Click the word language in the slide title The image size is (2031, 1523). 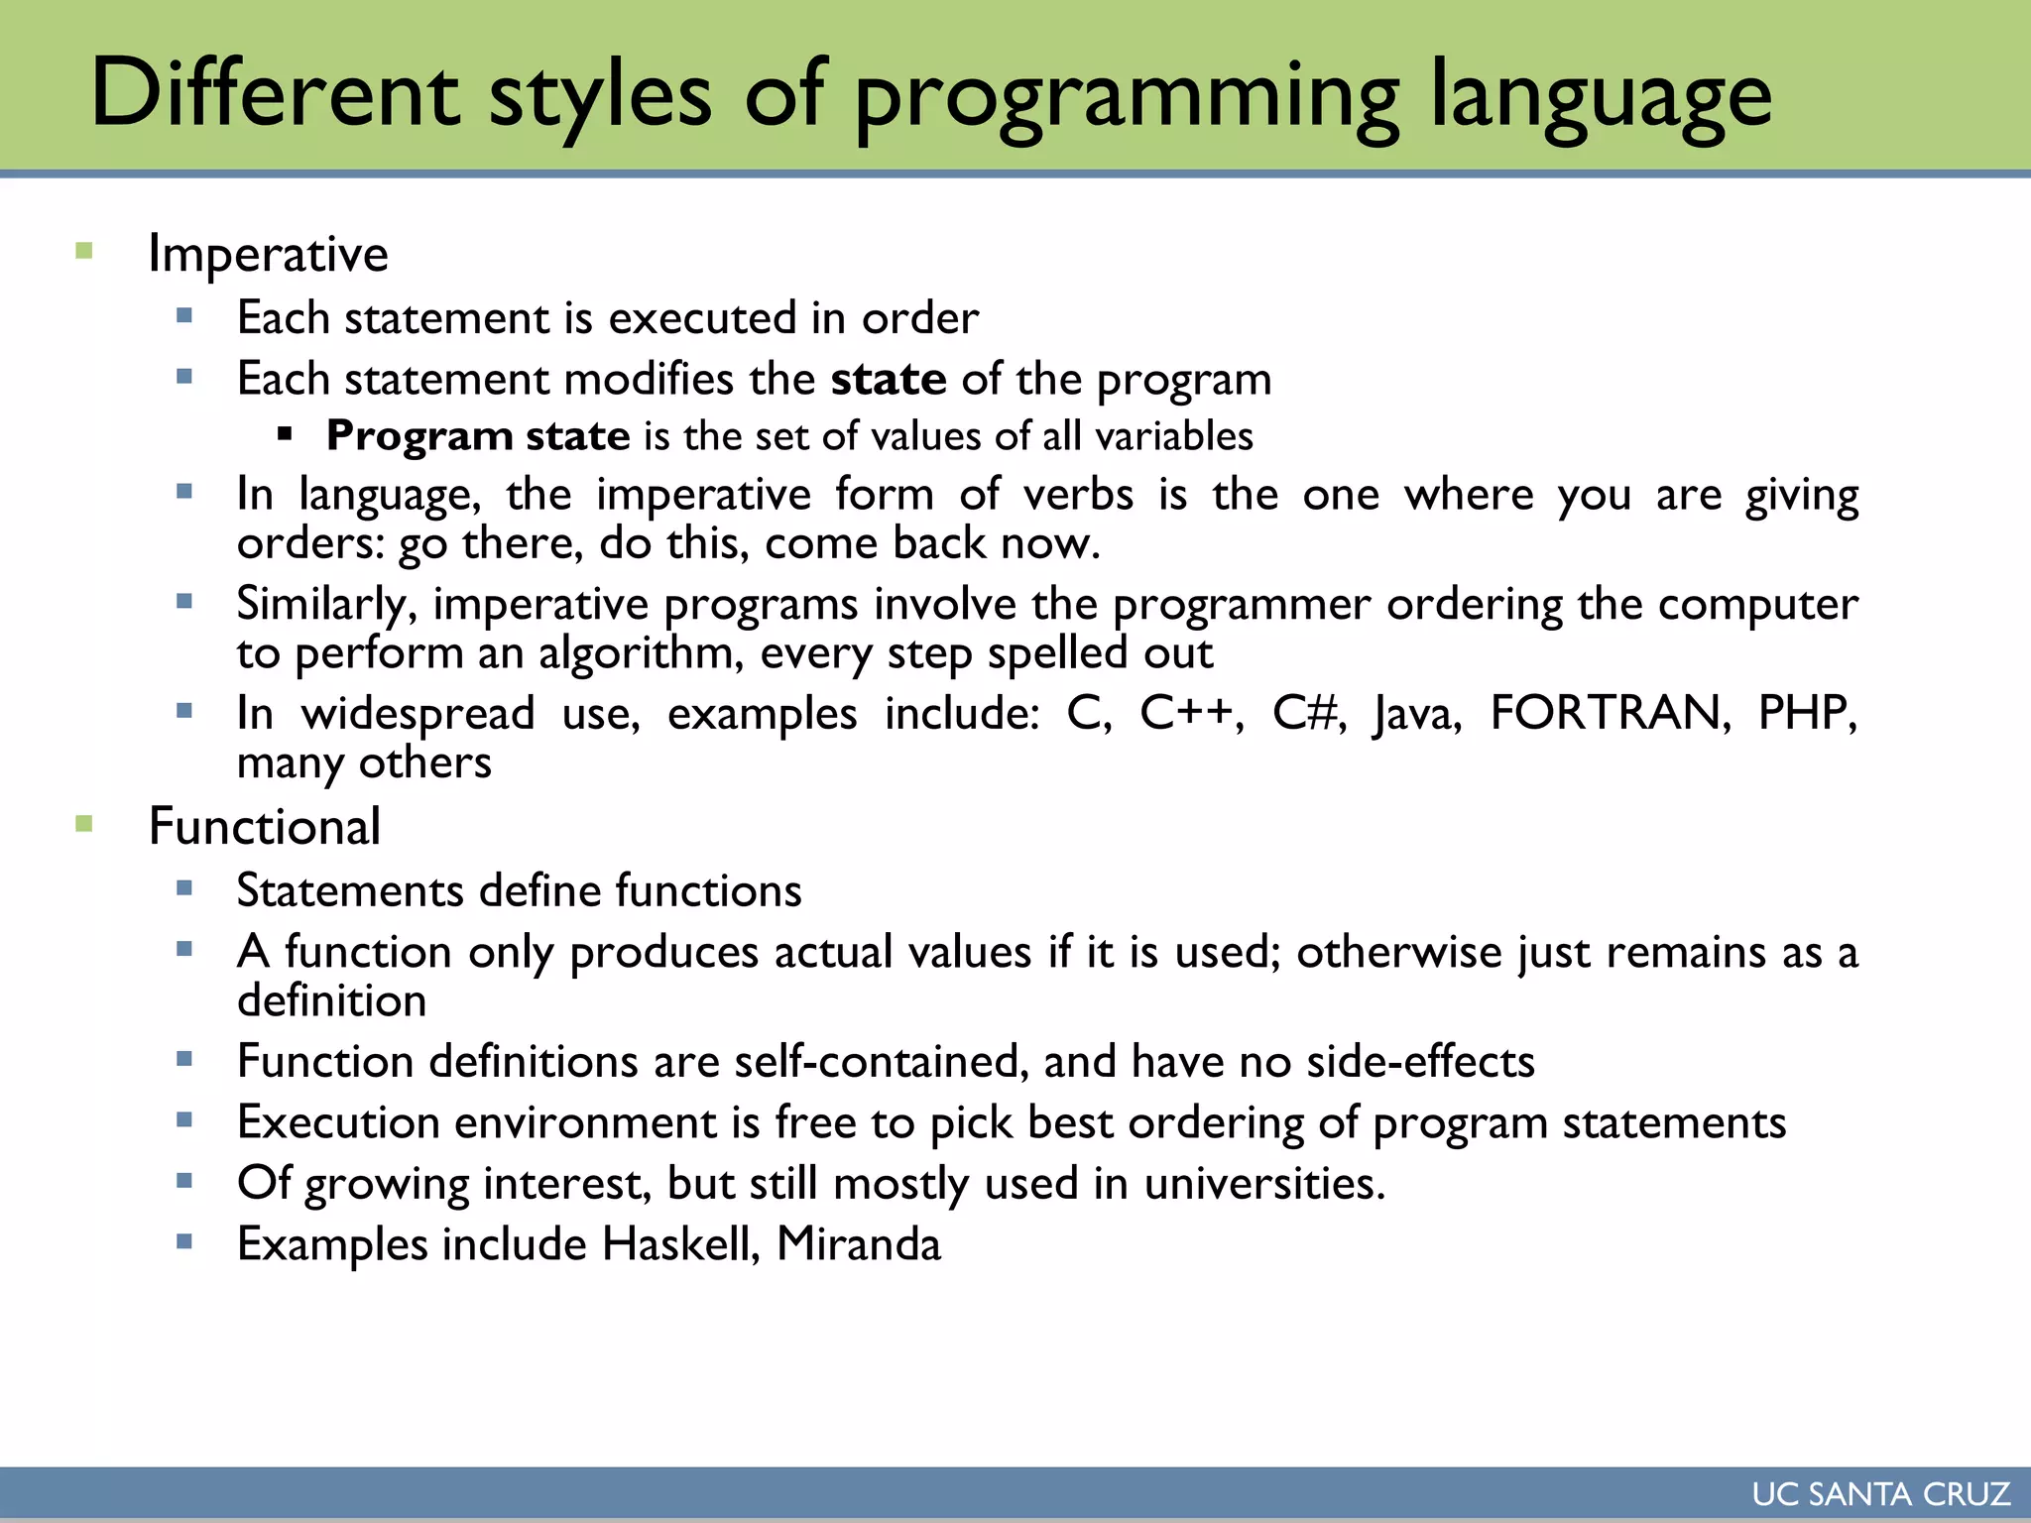coord(1600,97)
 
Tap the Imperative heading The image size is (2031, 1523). coord(268,254)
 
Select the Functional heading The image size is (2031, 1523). coord(264,827)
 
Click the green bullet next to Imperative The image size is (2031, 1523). coord(84,251)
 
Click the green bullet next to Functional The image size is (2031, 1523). coord(84,823)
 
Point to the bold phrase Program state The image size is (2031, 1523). coord(478,436)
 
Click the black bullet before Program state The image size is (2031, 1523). coord(286,433)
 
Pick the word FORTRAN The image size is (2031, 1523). coord(1610,713)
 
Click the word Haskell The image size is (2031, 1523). coord(680,1244)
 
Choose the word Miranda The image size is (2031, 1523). coord(858,1244)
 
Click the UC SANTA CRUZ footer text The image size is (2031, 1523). coord(1880,1494)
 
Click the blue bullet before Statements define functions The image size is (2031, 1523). coord(184,887)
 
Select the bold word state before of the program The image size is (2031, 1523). coord(889,380)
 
